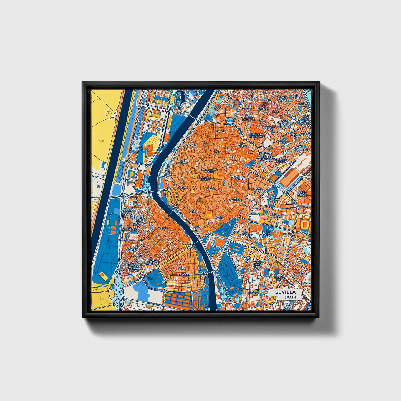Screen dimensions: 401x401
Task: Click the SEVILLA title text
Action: tap(285, 292)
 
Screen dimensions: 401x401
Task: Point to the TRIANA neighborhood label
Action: tap(164, 228)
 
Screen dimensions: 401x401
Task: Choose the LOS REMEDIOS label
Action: tap(184, 274)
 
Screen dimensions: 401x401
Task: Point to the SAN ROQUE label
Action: tap(258, 190)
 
